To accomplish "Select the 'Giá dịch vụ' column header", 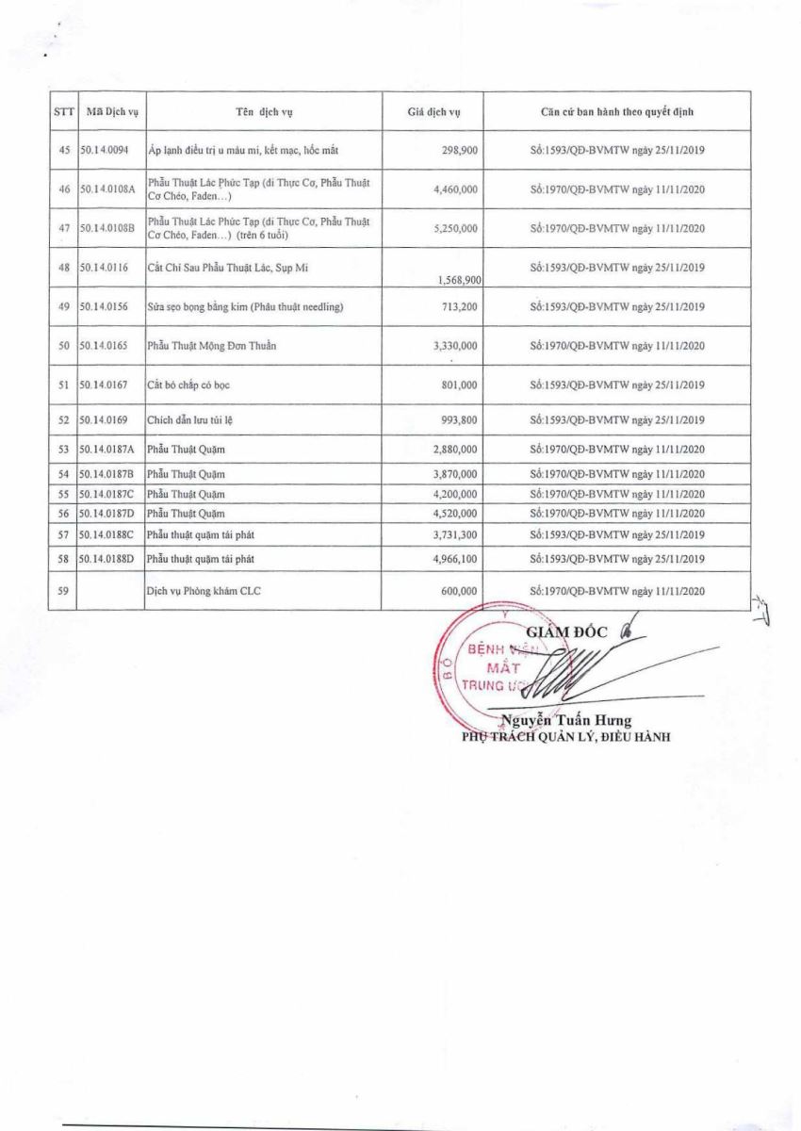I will point(433,111).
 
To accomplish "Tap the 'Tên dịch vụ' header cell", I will point(265,111).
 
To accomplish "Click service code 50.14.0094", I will point(110,151).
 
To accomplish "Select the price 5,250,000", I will point(456,229).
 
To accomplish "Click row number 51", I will point(64,385).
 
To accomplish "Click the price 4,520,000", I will point(456,514).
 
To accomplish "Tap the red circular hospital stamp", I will point(490,669).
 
